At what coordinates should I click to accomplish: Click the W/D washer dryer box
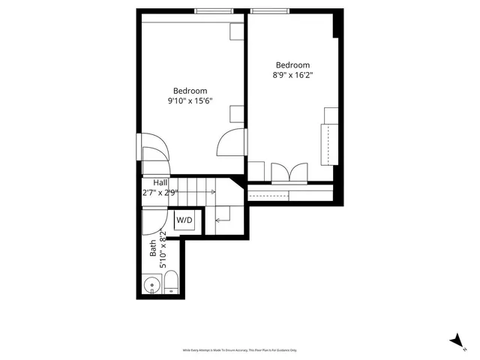pos(184,220)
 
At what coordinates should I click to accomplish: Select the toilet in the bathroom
pos(171,282)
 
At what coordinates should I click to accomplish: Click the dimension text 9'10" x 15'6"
pos(190,101)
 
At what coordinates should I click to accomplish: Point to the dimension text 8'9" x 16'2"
pos(292,75)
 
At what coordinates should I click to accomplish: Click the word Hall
pos(160,182)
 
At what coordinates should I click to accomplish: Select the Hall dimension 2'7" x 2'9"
pos(160,193)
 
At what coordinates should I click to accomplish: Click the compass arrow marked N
pos(456,340)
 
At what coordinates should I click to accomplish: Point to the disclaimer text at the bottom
pos(240,350)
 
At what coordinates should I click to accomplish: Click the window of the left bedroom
pos(212,10)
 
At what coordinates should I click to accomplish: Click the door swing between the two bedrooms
pos(231,141)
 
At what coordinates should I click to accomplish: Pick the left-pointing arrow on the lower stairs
pos(221,220)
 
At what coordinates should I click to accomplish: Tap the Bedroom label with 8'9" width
pos(292,65)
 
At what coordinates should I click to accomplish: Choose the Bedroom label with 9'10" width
pos(190,91)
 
